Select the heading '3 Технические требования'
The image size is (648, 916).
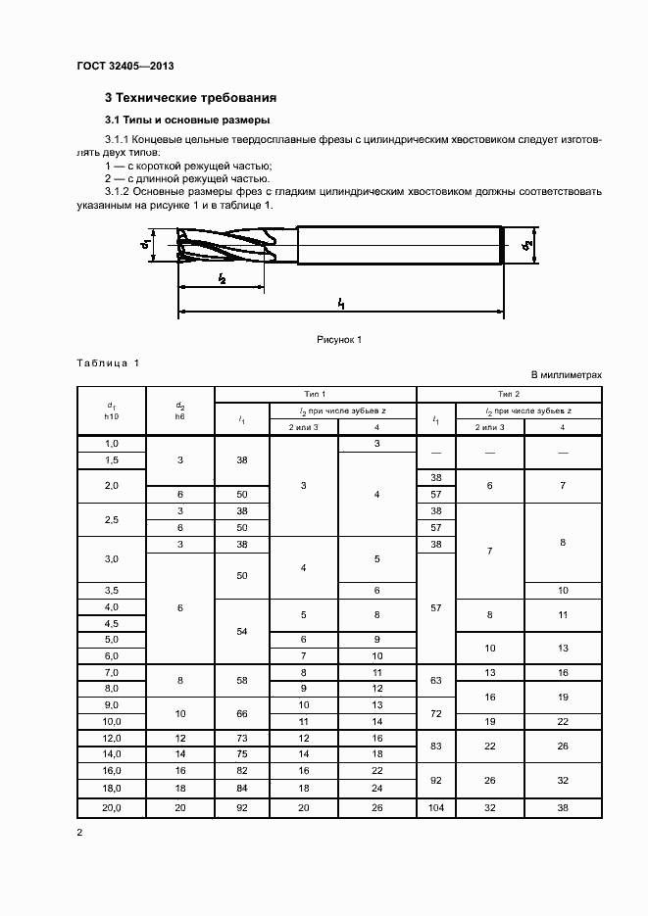click(x=190, y=98)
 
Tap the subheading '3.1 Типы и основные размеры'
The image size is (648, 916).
click(x=179, y=121)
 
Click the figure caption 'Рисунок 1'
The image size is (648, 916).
click(x=339, y=339)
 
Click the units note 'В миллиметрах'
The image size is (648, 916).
click(x=566, y=375)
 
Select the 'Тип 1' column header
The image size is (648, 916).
click(x=316, y=392)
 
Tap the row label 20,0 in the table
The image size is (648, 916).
click(x=111, y=808)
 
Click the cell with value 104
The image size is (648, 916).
click(x=436, y=808)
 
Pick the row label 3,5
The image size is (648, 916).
click(x=111, y=591)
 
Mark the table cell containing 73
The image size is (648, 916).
click(x=241, y=737)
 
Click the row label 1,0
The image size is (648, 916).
click(x=111, y=444)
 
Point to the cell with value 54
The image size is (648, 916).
click(x=241, y=632)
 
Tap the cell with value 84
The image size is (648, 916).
click(x=241, y=788)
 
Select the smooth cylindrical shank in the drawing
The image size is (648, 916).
click(x=397, y=245)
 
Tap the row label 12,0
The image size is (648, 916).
click(x=111, y=737)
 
